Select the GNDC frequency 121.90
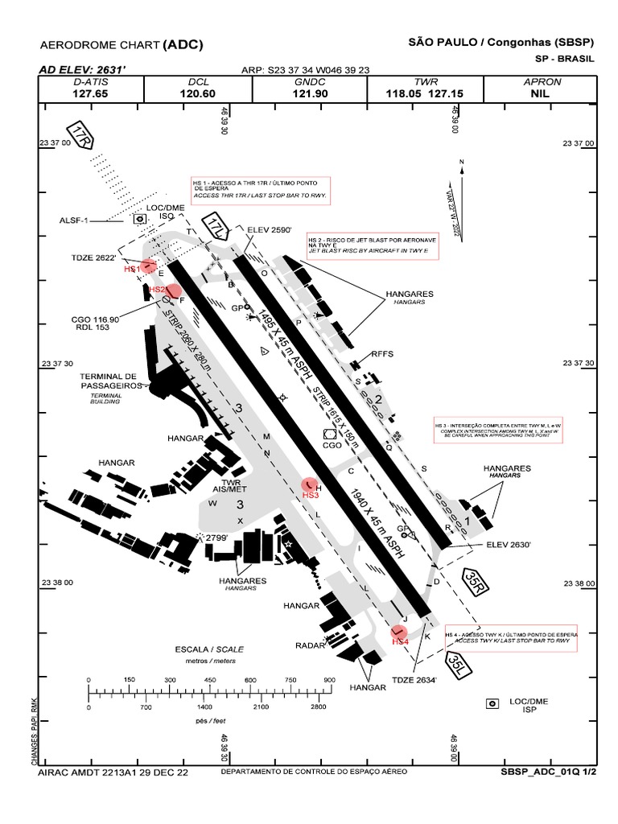pos(311,94)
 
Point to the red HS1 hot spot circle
pos(147,267)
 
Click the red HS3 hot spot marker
pos(310,484)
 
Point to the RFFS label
pos(381,353)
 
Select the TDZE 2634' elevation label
pos(414,681)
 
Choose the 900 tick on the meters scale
pos(328,680)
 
